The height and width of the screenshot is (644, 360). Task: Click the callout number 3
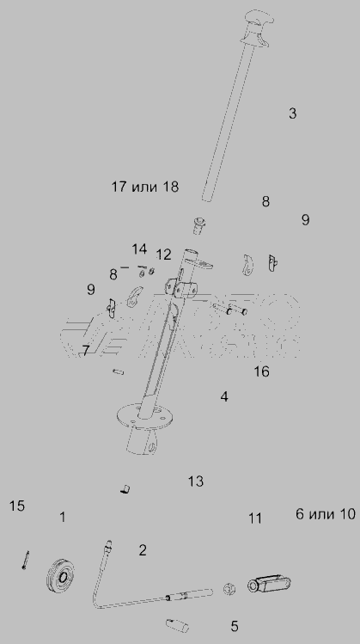click(292, 113)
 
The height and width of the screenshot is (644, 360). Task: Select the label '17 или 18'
click(145, 187)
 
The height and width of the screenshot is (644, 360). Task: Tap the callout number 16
click(261, 371)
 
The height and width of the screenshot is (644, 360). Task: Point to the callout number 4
click(224, 396)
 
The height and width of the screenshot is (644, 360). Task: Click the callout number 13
click(196, 481)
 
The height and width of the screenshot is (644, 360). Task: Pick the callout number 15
click(17, 506)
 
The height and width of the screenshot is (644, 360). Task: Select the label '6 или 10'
click(326, 514)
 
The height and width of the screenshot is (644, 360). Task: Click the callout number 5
click(234, 626)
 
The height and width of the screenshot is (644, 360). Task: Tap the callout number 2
click(143, 550)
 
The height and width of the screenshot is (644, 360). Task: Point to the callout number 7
click(85, 351)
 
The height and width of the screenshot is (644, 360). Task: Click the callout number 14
click(139, 248)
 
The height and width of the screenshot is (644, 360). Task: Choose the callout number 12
click(163, 255)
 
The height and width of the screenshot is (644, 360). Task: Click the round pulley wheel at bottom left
click(61, 576)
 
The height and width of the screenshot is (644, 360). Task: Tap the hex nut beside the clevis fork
click(229, 590)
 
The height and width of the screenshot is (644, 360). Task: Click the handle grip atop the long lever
click(257, 28)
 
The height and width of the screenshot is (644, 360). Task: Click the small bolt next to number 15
click(26, 560)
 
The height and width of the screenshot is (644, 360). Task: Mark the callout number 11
click(255, 518)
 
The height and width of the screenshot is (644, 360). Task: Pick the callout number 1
click(63, 517)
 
